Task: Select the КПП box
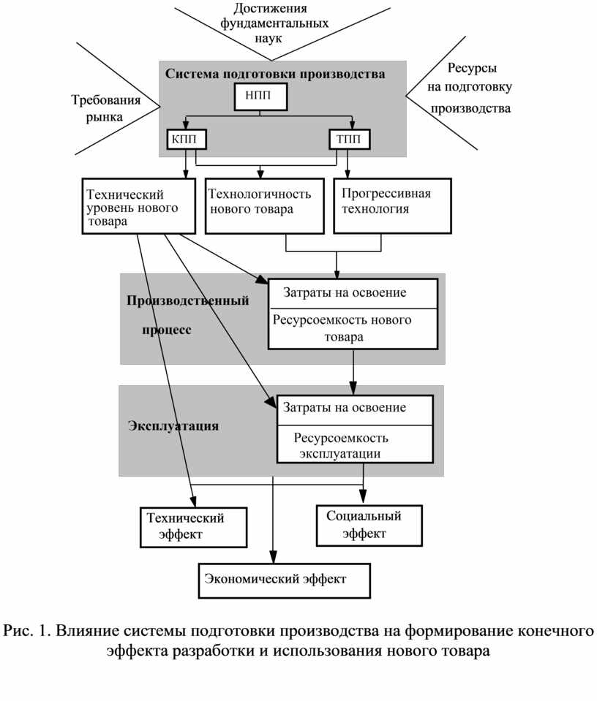[x=187, y=140]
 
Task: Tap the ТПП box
[x=350, y=140]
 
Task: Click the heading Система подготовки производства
[x=275, y=74]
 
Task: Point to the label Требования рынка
[x=105, y=108]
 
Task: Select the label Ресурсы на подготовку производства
[x=470, y=88]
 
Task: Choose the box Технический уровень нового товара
[x=139, y=206]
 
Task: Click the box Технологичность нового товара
[x=265, y=206]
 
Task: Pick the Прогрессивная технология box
[x=392, y=206]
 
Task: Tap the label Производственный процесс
[x=187, y=315]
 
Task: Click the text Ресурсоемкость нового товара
[x=342, y=328]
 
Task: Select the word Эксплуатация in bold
[x=173, y=425]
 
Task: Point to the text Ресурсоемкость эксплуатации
[x=340, y=445]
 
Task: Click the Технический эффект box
[x=193, y=527]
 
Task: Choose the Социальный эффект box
[x=369, y=526]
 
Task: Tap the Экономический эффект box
[x=284, y=580]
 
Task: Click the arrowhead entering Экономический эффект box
[x=273, y=558]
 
